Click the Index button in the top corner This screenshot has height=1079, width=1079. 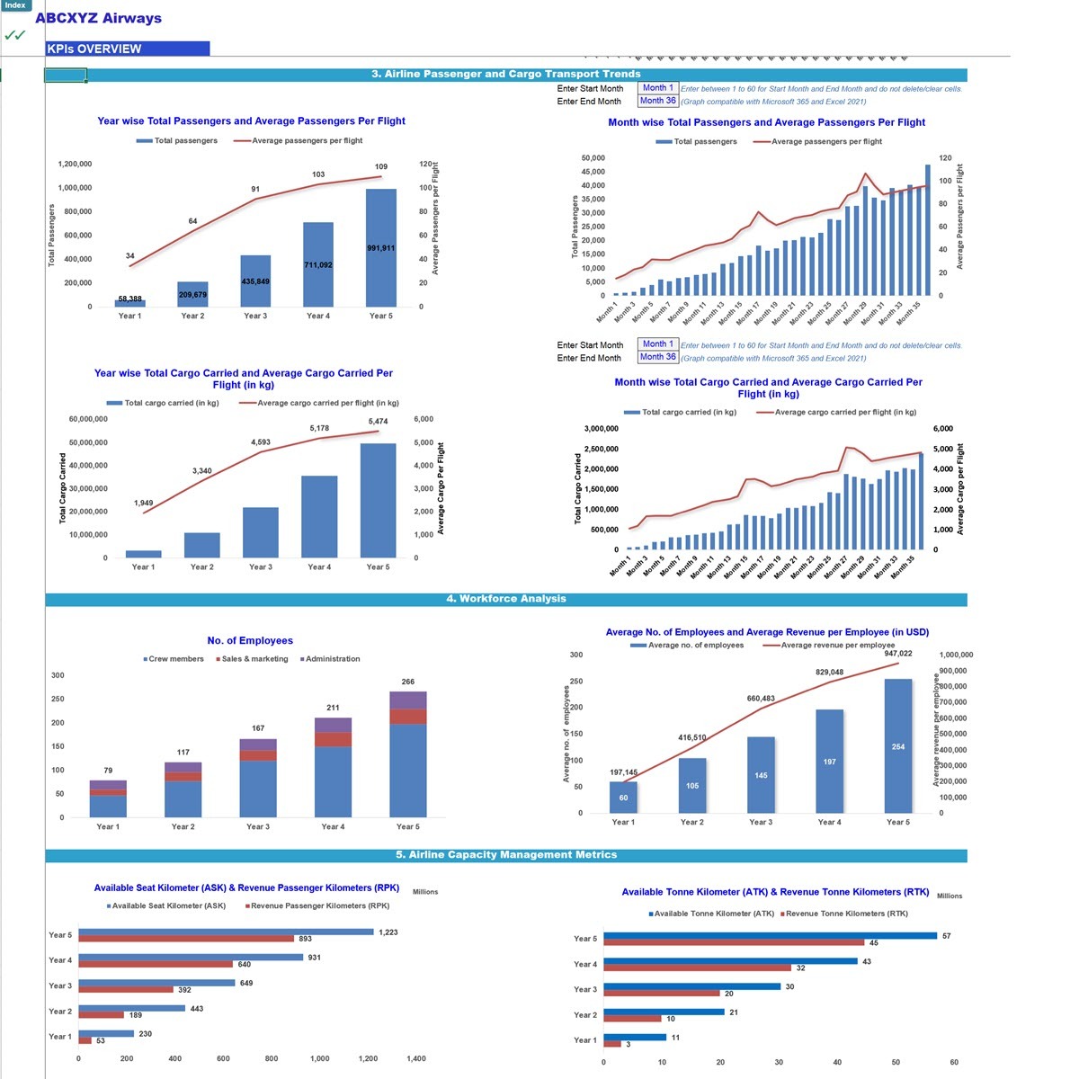[x=15, y=5]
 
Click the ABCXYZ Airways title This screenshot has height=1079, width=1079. [x=98, y=18]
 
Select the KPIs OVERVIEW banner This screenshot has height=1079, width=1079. [x=127, y=49]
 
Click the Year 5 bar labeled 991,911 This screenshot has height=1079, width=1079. [x=380, y=247]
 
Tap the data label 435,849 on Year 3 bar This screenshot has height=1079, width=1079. [x=255, y=281]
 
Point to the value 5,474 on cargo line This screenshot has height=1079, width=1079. [x=378, y=422]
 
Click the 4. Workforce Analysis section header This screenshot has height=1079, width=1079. [x=505, y=599]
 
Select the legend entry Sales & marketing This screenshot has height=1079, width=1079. [x=254, y=659]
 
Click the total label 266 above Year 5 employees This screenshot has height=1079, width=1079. [x=408, y=682]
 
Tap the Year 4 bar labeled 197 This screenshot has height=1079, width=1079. [x=829, y=761]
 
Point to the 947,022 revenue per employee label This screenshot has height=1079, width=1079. [x=897, y=654]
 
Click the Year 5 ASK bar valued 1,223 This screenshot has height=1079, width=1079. [x=225, y=932]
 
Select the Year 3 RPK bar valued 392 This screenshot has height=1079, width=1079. [x=126, y=989]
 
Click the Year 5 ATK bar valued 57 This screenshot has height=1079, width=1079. [x=770, y=936]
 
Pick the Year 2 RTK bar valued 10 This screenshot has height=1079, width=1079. [x=632, y=1019]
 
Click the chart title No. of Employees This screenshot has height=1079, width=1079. [x=250, y=641]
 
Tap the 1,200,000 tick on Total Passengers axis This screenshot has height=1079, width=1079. [x=75, y=165]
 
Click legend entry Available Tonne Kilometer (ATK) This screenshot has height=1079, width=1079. [x=713, y=914]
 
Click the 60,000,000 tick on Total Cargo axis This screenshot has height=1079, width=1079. [x=88, y=419]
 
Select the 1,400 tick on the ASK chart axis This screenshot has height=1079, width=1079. [x=416, y=1058]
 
